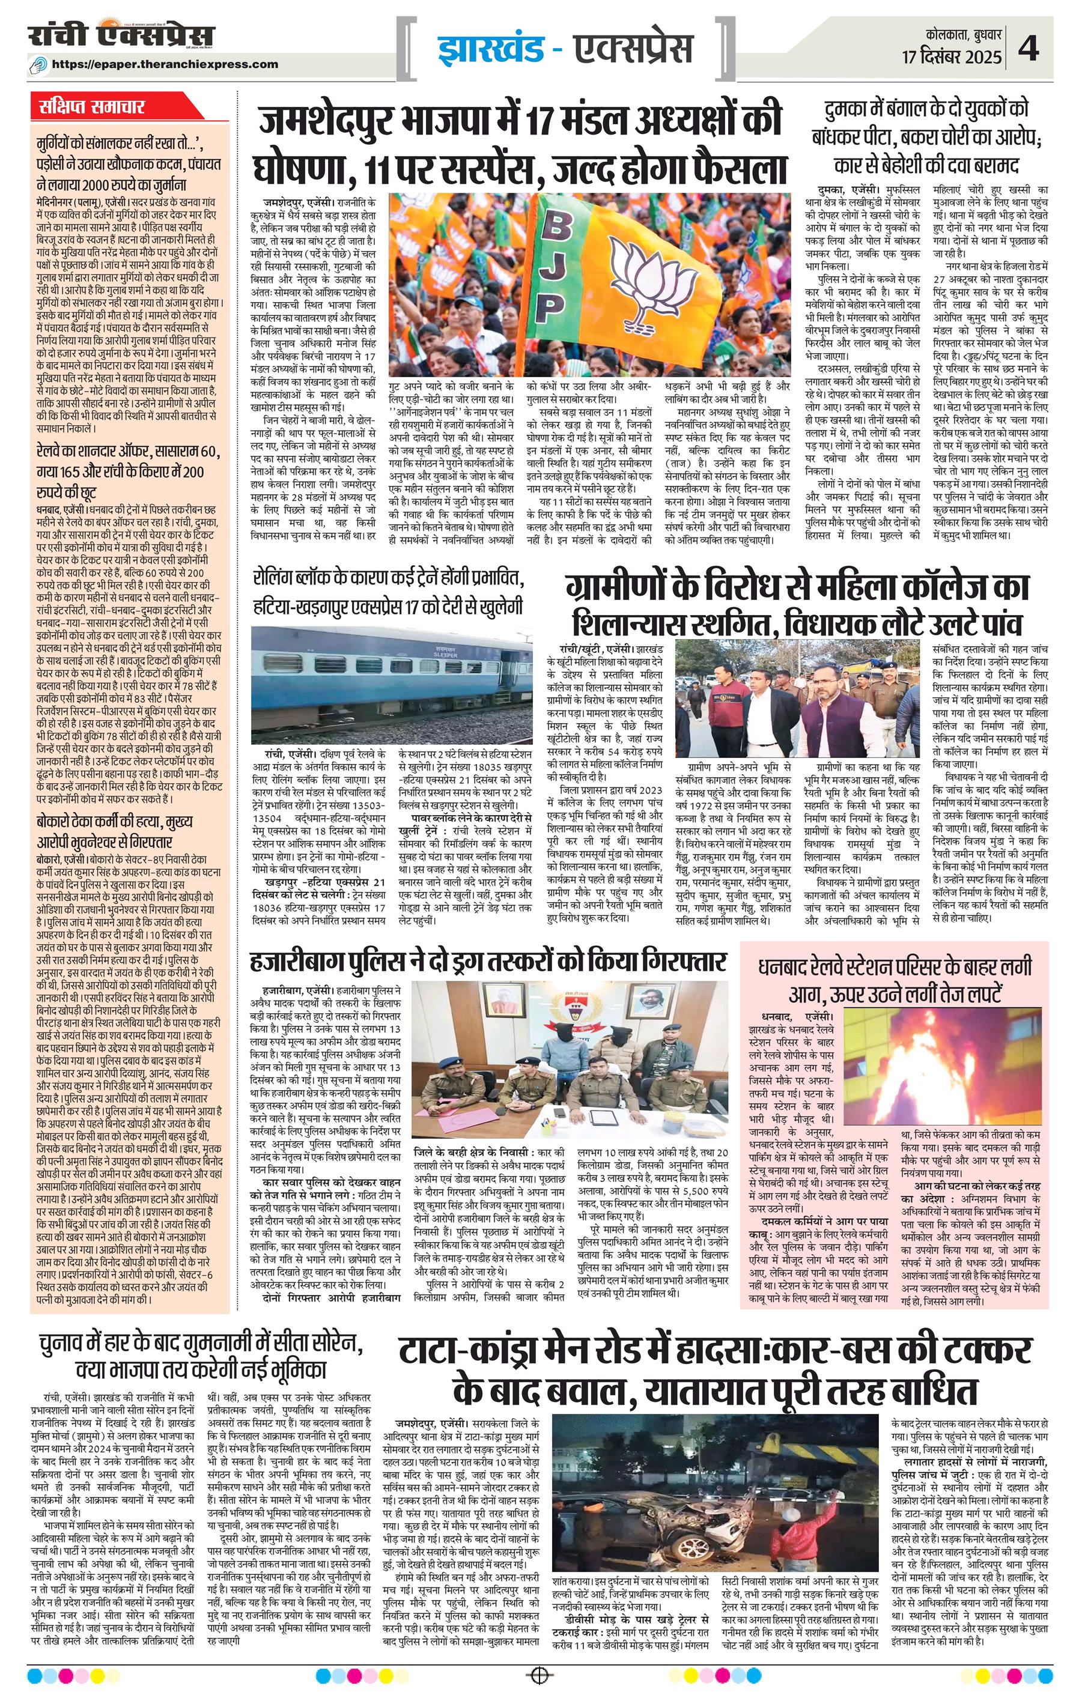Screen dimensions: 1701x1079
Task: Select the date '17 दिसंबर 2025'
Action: pyautogui.click(x=951, y=57)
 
